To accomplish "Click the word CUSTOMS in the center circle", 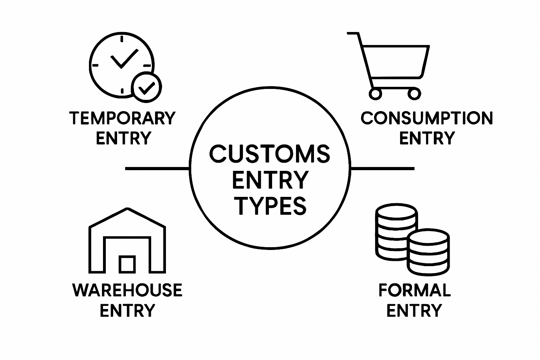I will pyautogui.click(x=270, y=154).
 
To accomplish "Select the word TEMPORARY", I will pyautogui.click(x=122, y=118).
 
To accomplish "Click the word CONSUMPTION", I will pyautogui.click(x=427, y=118).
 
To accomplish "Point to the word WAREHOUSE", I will pyautogui.click(x=127, y=290).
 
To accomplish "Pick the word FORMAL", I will pyautogui.click(x=414, y=290).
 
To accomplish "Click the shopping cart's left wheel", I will pyautogui.click(x=375, y=94).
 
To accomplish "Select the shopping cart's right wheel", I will pyautogui.click(x=414, y=94).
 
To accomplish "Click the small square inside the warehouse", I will pyautogui.click(x=127, y=264).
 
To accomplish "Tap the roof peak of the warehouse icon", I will pyautogui.click(x=127, y=210).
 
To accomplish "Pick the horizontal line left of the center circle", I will pyautogui.click(x=157, y=169).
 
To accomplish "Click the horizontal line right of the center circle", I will pyautogui.click(x=382, y=169).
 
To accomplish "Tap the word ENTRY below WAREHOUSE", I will pyautogui.click(x=127, y=311).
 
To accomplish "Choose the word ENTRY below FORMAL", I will pyautogui.click(x=414, y=311).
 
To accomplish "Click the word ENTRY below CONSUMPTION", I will pyautogui.click(x=427, y=138).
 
